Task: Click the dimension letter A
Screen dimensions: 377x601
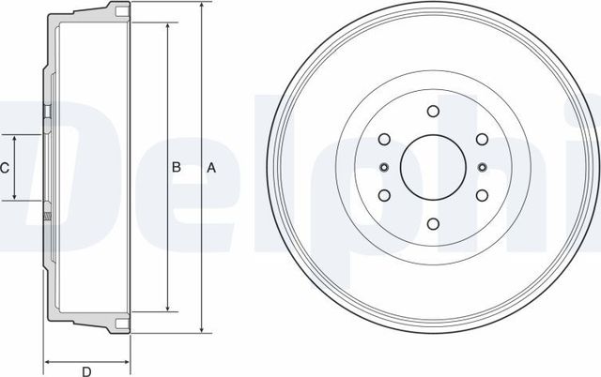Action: (211, 168)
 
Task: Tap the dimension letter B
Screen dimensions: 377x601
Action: (176, 168)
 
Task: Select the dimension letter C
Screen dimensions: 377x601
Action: (5, 168)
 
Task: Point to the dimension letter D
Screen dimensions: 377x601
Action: (85, 367)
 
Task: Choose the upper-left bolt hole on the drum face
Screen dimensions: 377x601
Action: (383, 140)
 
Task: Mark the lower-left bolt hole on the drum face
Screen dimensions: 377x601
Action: (383, 196)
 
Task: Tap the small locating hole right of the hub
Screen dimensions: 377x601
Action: (481, 168)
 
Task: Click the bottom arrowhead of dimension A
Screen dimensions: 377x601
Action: (201, 330)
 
